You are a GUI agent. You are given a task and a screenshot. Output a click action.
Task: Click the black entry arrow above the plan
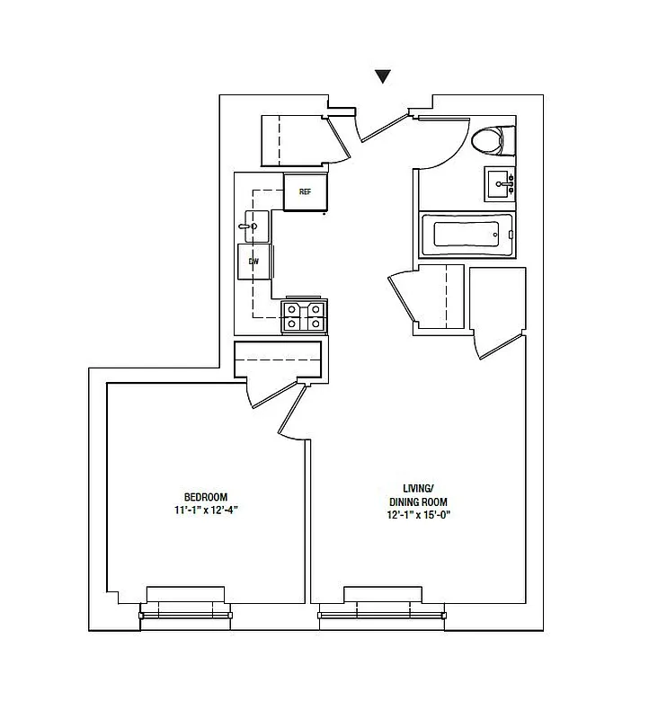383,77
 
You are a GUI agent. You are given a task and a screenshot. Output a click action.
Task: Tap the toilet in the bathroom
491,141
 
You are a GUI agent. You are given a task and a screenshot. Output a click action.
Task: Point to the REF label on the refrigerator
305,191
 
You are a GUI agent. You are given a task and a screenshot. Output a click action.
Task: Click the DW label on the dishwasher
254,262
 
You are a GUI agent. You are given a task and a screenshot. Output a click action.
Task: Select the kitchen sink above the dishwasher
253,226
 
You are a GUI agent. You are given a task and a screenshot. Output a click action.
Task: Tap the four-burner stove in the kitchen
304,317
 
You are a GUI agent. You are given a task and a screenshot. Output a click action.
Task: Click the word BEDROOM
206,497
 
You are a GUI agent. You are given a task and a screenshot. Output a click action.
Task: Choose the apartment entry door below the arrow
381,127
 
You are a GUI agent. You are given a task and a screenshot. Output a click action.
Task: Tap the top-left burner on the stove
293,310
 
